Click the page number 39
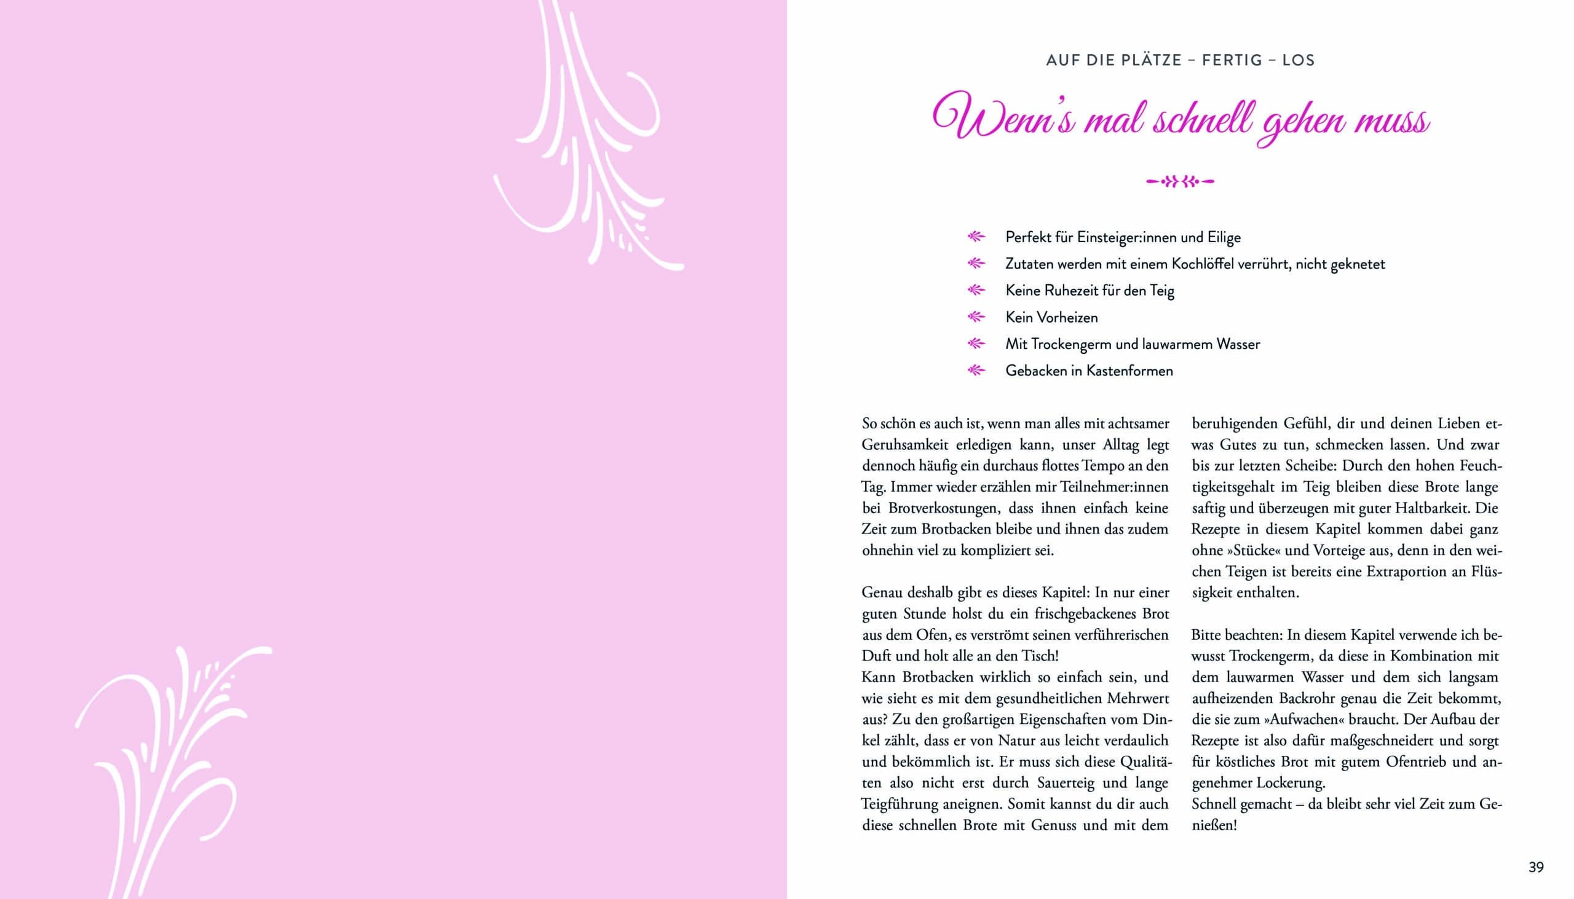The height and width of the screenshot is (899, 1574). click(x=1536, y=868)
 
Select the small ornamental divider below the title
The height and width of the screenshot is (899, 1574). click(x=1180, y=181)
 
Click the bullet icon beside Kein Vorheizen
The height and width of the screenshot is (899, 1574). click(x=975, y=317)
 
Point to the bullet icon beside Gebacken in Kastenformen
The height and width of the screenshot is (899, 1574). click(x=975, y=371)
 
